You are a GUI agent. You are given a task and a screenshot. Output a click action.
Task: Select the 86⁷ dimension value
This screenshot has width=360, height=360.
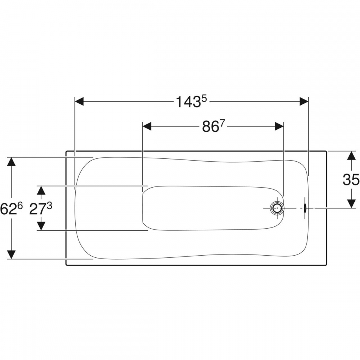tap(213, 126)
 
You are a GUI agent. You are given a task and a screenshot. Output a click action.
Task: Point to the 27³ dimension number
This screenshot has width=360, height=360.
tap(41, 209)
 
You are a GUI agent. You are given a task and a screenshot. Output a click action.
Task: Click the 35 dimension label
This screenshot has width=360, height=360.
tap(351, 180)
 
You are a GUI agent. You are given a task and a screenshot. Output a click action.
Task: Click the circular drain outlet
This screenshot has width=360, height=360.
tap(277, 208)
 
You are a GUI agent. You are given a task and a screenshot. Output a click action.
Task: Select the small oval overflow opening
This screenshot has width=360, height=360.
tap(305, 208)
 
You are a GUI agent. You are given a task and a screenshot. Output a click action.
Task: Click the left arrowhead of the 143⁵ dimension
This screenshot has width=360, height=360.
tap(79, 102)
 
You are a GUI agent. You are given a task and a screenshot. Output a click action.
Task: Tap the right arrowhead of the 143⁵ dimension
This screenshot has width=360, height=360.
tap(304, 102)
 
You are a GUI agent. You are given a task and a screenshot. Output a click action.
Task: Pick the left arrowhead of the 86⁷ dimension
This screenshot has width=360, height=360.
tap(147, 126)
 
